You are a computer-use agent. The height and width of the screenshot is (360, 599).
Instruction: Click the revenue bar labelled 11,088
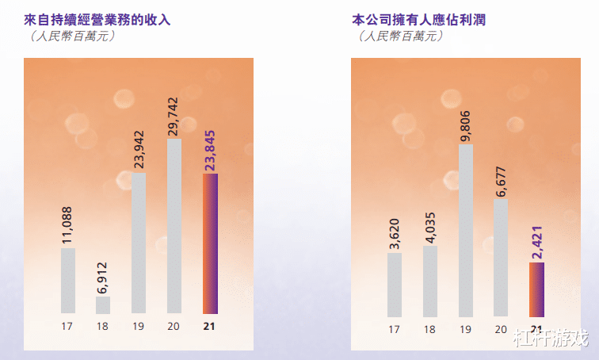(68, 281)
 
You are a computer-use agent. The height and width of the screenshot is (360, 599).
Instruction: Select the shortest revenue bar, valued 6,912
(103, 305)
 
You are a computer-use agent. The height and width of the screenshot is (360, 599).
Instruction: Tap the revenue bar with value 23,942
(138, 243)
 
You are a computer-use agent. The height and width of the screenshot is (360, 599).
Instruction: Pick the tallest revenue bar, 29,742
(174, 226)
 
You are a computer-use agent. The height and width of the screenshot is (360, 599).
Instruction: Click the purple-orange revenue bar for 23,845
(210, 243)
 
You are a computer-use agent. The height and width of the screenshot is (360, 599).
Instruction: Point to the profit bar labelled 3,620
(395, 284)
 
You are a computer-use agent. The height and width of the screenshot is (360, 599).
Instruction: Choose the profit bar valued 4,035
(430, 281)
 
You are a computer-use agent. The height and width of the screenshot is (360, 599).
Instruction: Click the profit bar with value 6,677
(501, 257)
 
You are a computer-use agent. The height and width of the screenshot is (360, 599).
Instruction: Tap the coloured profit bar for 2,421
(536, 289)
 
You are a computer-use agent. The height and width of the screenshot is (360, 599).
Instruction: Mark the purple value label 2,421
(537, 237)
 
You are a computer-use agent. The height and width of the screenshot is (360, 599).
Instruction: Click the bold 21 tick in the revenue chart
(209, 326)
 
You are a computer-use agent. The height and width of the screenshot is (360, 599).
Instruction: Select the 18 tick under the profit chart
(430, 329)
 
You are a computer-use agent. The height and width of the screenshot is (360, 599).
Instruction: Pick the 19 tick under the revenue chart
(139, 326)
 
